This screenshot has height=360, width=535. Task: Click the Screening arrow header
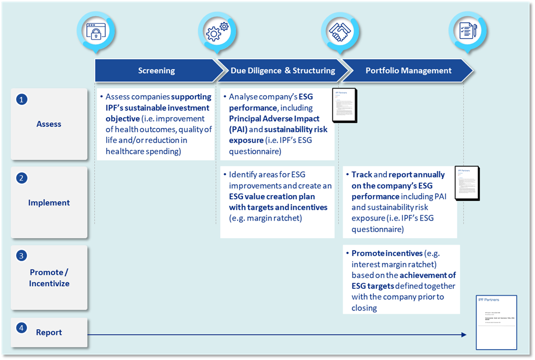pyautogui.click(x=156, y=71)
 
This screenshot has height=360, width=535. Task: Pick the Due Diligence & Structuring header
pyautogui.click(x=282, y=71)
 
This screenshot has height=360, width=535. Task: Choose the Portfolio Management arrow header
pyautogui.click(x=408, y=71)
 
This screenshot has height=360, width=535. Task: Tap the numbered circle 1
pyautogui.click(x=21, y=99)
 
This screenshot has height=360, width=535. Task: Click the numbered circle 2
pyautogui.click(x=21, y=178)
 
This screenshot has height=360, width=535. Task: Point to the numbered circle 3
pyautogui.click(x=21, y=255)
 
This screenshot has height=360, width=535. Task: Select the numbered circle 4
pyautogui.click(x=21, y=328)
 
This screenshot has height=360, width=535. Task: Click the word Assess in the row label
pyautogui.click(x=49, y=124)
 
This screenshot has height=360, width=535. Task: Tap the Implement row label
pyautogui.click(x=49, y=203)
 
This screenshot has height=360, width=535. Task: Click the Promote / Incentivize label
pyautogui.click(x=49, y=278)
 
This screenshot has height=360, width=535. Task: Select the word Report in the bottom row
pyautogui.click(x=49, y=332)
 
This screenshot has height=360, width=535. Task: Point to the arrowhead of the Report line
pyautogui.click(x=464, y=335)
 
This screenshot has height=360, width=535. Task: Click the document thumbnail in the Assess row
pyautogui.click(x=344, y=105)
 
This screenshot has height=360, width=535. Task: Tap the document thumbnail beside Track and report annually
pyautogui.click(x=466, y=183)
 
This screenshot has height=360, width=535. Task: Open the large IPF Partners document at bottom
pyautogui.click(x=497, y=323)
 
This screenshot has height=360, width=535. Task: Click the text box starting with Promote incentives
pyautogui.click(x=401, y=280)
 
